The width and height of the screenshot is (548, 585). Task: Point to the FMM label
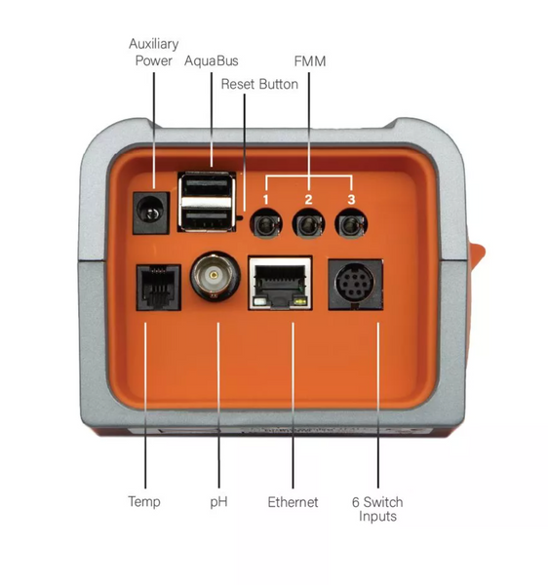coord(310,60)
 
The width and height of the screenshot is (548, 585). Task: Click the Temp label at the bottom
coord(144,502)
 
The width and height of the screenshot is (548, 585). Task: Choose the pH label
coord(218,502)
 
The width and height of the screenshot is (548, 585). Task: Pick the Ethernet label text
coord(293,502)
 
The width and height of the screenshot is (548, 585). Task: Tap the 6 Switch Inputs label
coord(377,509)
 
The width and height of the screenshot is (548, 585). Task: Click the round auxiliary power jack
coord(151,212)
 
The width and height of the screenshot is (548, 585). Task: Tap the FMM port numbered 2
coord(308,225)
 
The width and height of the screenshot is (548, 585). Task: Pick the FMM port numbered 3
coord(352,225)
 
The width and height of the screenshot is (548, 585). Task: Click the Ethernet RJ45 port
coord(280,283)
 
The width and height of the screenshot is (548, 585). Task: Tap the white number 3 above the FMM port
coord(352,200)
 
